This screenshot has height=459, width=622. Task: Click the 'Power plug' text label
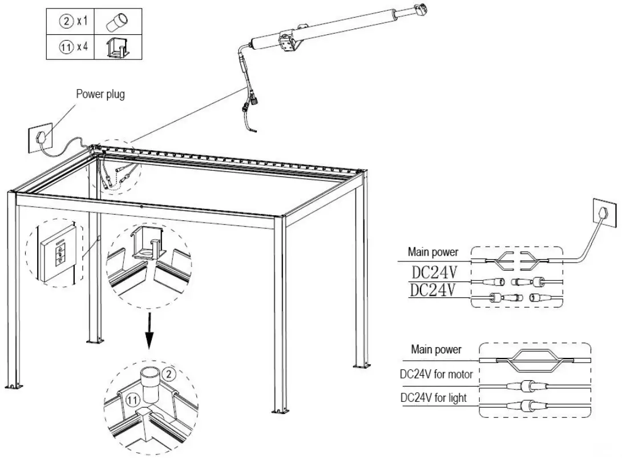pyautogui.click(x=100, y=94)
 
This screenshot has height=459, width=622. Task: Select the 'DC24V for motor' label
pyautogui.click(x=436, y=374)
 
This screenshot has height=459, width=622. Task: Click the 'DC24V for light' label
pyautogui.click(x=434, y=397)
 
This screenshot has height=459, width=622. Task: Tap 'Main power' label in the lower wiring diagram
pyautogui.click(x=436, y=349)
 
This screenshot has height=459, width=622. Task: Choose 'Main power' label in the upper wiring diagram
pyautogui.click(x=433, y=251)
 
